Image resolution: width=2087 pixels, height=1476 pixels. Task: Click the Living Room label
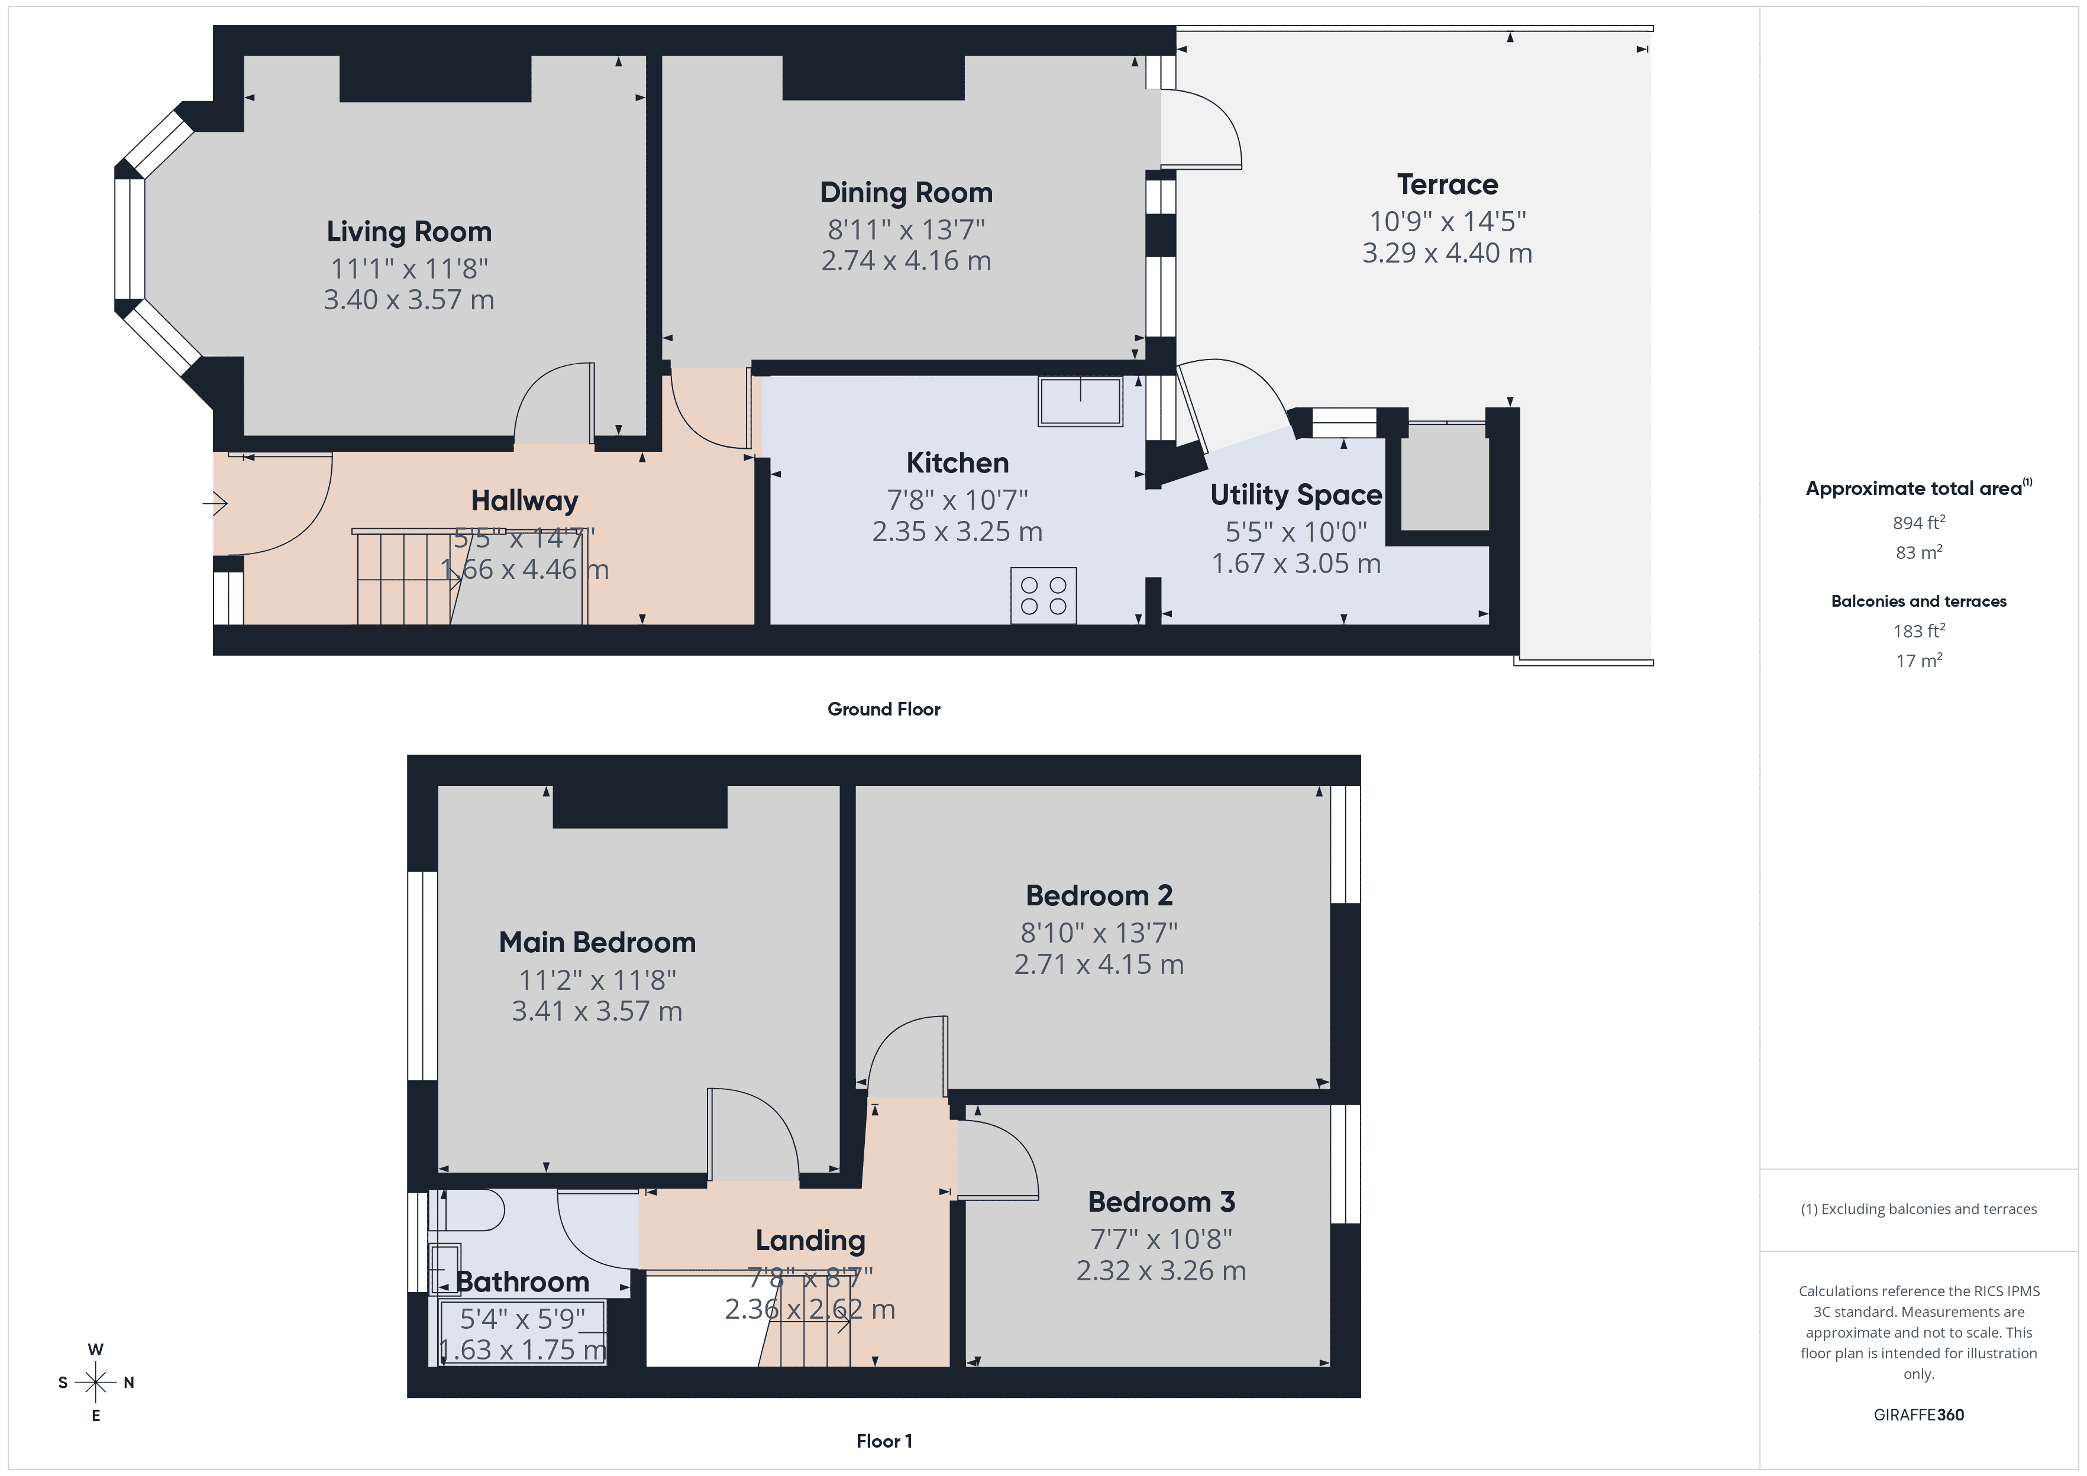(409, 232)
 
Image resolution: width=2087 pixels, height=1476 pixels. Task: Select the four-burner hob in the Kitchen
(1043, 596)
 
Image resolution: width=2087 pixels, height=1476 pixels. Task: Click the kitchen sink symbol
(1080, 401)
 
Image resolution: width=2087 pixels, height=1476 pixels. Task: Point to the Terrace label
(1447, 184)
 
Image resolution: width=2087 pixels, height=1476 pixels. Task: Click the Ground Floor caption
(884, 709)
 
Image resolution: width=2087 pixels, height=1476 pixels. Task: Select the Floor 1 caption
(884, 1441)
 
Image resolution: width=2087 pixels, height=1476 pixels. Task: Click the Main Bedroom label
(597, 943)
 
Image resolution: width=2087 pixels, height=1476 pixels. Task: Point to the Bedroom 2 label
(1099, 895)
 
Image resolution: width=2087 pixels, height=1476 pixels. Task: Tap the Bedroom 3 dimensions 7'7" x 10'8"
(1161, 1239)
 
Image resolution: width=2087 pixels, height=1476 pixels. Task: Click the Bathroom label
(523, 1281)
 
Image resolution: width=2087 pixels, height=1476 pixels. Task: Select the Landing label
(810, 1241)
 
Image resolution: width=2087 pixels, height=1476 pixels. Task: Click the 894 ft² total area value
(1918, 523)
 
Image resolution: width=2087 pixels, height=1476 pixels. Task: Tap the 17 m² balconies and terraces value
(1918, 661)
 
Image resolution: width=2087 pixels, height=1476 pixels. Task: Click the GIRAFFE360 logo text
(1918, 1414)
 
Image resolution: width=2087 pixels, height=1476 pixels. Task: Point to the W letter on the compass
(95, 1349)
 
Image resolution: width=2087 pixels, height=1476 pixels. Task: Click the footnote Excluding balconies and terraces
(1918, 1209)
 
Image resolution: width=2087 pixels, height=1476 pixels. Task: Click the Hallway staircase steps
(400, 582)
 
